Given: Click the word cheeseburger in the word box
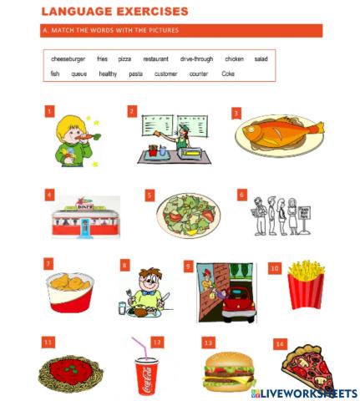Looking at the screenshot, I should pos(68,59).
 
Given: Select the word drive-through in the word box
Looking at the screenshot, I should pos(196,59).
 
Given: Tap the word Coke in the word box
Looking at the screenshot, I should pos(228,74).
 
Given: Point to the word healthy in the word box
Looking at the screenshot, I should pos(108,74).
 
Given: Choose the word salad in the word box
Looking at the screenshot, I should pos(261,59).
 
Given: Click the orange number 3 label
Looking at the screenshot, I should pos(236,113).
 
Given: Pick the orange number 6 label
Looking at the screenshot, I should pos(242,195).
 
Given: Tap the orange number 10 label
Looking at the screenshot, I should pos(274,268).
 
